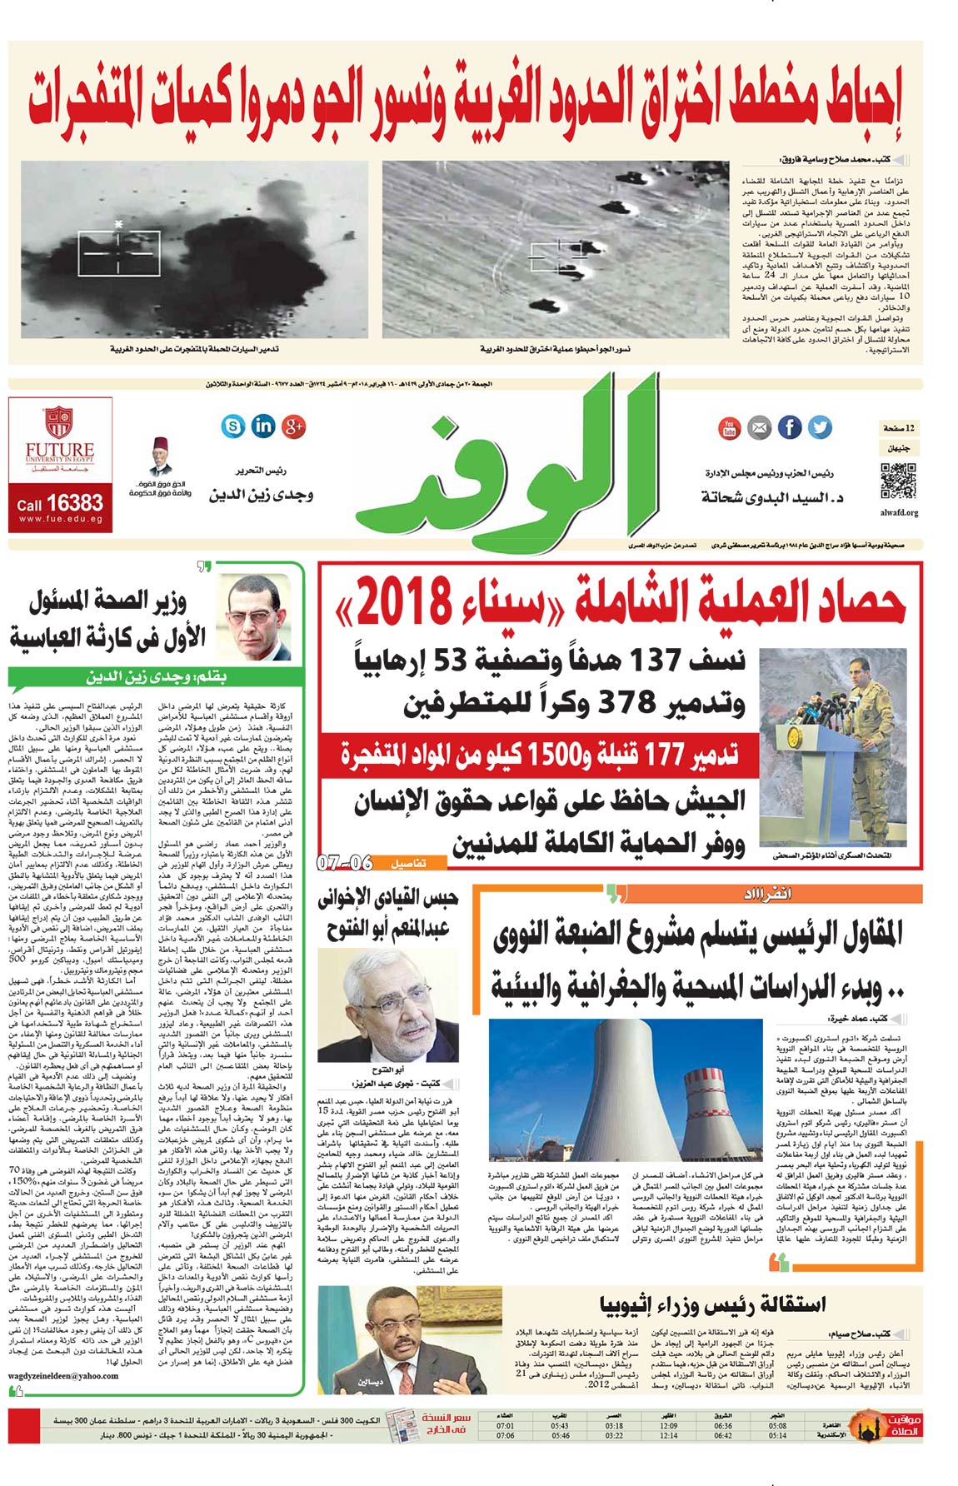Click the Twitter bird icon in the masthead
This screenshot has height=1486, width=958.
820,427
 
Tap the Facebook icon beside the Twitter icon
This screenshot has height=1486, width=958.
790,427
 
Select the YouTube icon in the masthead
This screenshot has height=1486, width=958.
729,428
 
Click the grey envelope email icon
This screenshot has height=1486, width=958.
759,428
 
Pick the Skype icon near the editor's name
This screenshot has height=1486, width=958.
233,426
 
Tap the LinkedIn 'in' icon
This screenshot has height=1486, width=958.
263,426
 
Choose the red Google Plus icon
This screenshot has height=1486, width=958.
293,426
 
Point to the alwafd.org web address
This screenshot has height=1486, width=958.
899,512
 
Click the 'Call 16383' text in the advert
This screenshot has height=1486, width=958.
60,503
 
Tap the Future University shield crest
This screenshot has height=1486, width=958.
58,421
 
